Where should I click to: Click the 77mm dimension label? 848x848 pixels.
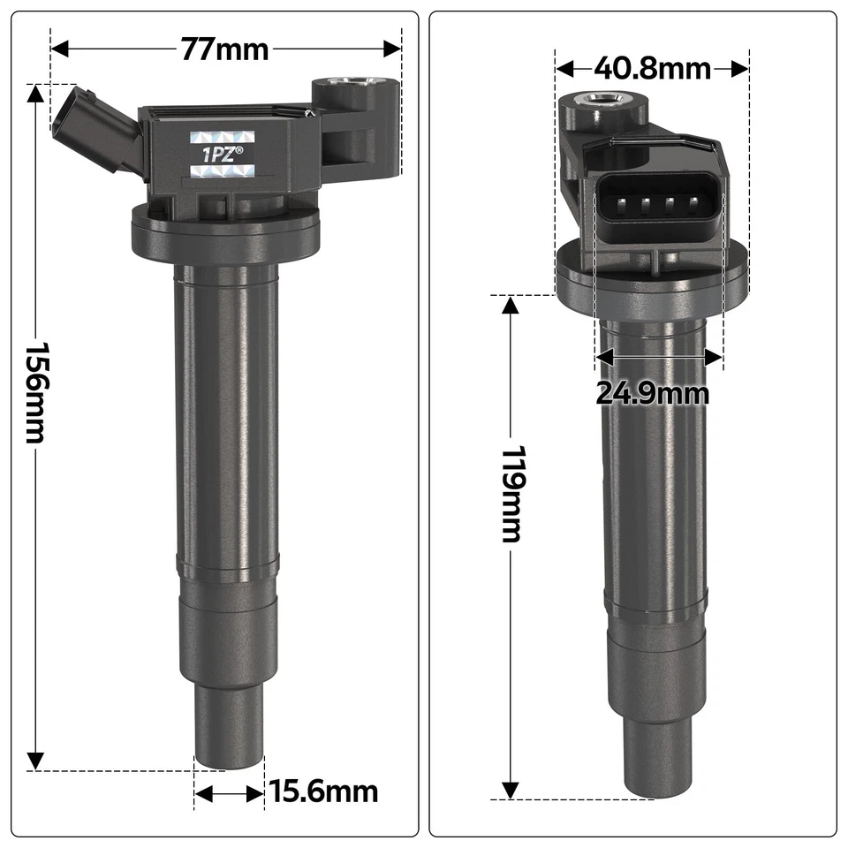[x=224, y=49]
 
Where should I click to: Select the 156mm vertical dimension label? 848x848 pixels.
[x=36, y=393]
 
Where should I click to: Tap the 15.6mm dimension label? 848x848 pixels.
[x=322, y=791]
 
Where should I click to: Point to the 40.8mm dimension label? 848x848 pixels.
[x=652, y=68]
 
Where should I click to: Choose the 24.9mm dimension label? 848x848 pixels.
[x=652, y=392]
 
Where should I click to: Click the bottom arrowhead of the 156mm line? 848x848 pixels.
[x=35, y=759]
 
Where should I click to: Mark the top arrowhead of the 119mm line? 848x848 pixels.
[x=511, y=306]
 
